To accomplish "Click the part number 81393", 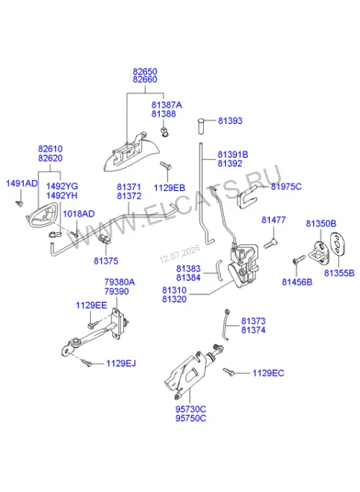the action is (230, 121).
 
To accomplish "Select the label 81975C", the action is (286, 187).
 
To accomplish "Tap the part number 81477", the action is (274, 220).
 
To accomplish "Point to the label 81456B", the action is (297, 282).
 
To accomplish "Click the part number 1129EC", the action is (268, 373).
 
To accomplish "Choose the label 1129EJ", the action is (121, 363).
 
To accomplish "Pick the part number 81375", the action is (106, 261).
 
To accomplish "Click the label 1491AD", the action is (22, 183).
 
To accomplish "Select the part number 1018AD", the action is (78, 214).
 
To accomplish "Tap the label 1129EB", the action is (169, 187).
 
